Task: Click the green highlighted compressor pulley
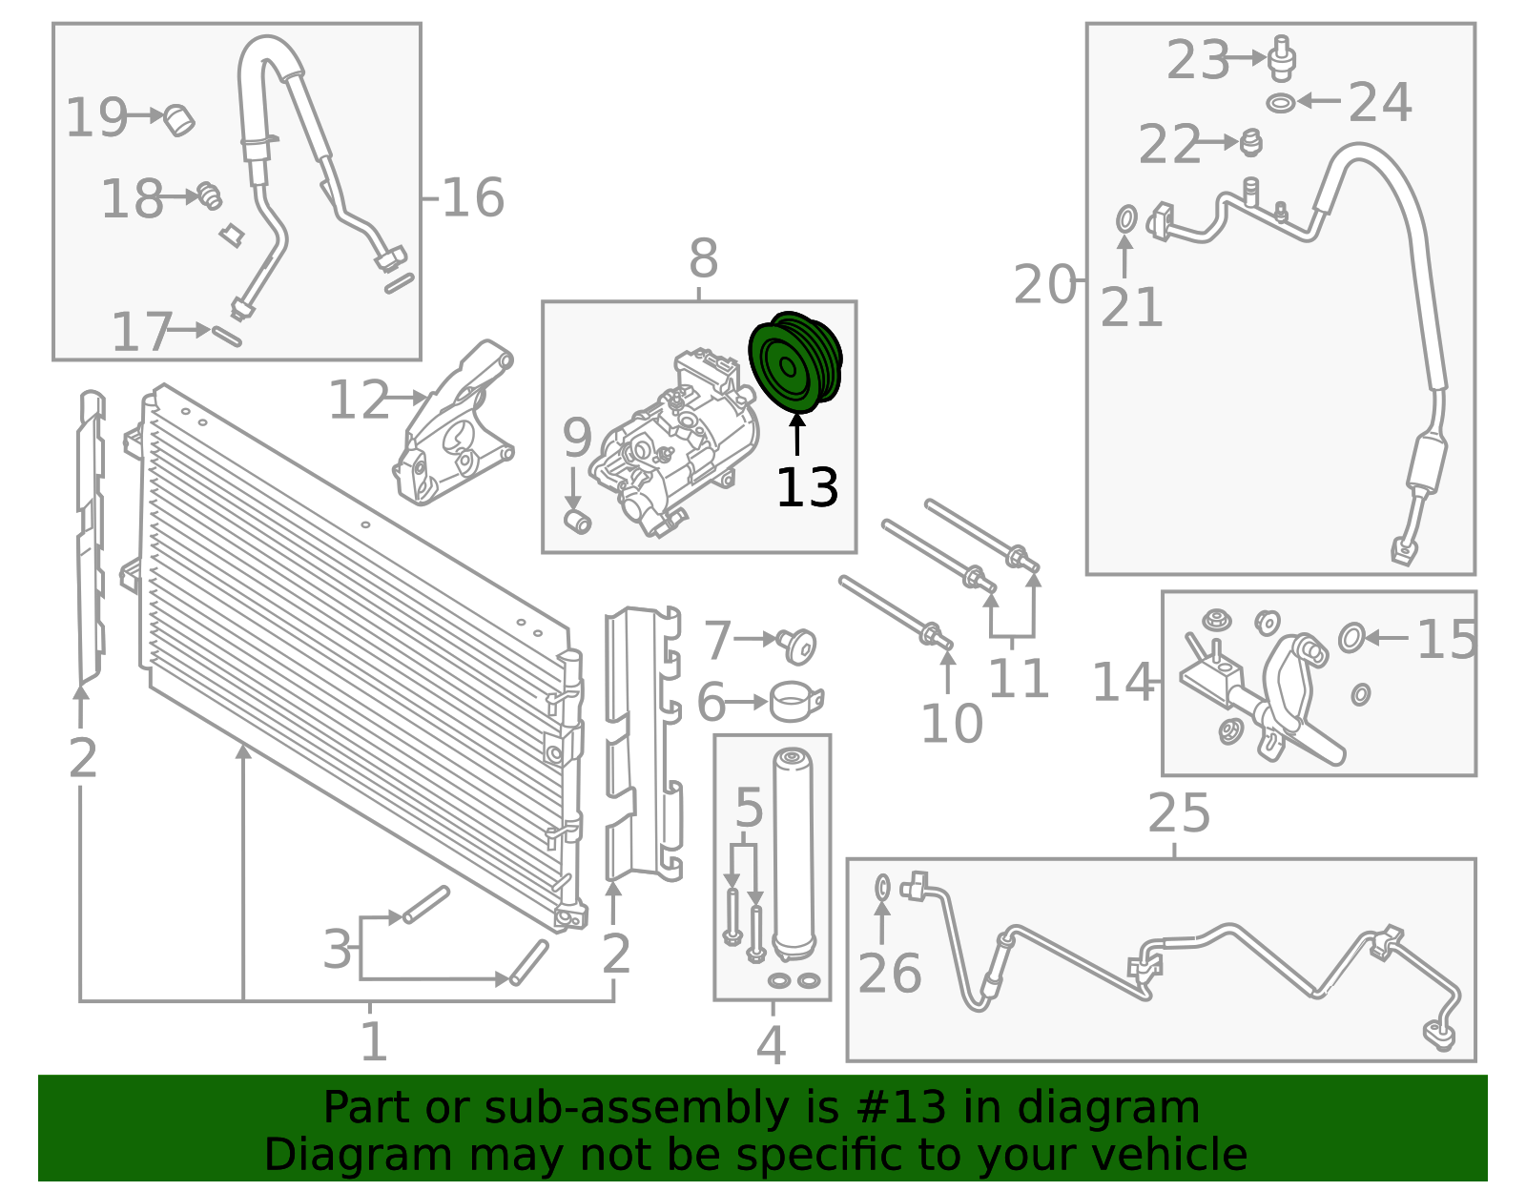click(795, 362)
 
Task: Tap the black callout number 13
click(807, 488)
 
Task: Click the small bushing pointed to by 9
click(578, 522)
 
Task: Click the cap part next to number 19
click(178, 119)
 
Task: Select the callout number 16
click(473, 197)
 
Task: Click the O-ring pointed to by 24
click(1281, 102)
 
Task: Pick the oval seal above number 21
click(1125, 218)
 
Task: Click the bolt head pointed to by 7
click(798, 646)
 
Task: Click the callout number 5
click(749, 808)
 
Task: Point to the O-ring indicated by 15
click(1351, 637)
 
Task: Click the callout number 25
click(1179, 813)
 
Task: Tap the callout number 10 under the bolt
click(951, 725)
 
